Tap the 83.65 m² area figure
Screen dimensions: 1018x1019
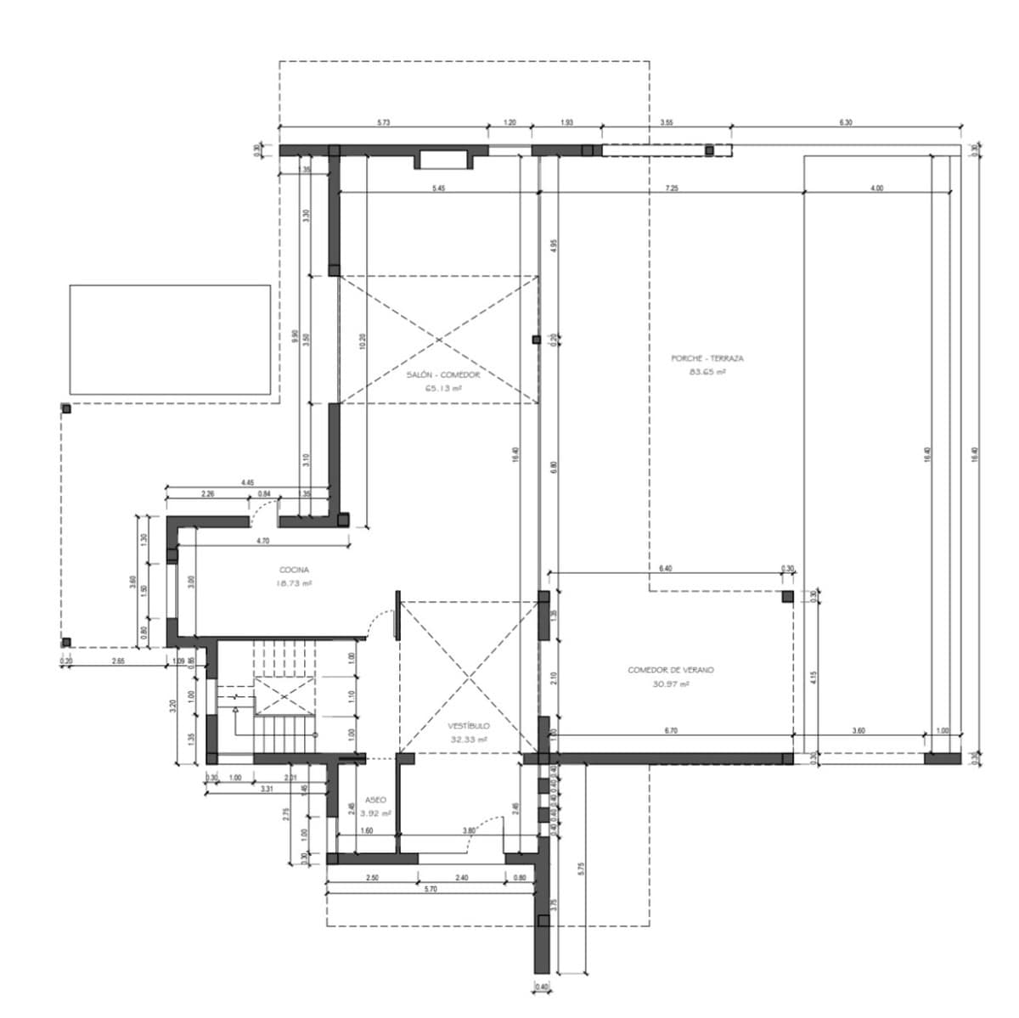coord(707,372)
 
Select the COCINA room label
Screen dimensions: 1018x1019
coord(294,570)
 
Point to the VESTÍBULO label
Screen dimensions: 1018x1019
coord(469,727)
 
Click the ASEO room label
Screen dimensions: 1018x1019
coord(375,800)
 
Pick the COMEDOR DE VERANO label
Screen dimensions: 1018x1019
coord(671,670)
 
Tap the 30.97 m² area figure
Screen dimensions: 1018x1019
coord(671,683)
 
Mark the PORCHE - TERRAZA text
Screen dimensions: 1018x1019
coord(707,358)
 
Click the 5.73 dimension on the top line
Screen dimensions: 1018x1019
coord(383,123)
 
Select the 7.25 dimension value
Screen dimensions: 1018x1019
coord(672,188)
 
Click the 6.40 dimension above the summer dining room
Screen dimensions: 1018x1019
coord(665,568)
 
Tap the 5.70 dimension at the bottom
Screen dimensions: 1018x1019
coord(430,889)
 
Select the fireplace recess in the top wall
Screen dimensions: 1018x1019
coord(442,160)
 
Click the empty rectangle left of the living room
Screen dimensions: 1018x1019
coord(170,340)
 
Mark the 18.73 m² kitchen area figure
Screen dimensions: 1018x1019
coord(294,583)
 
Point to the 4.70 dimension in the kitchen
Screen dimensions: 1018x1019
coord(262,541)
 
